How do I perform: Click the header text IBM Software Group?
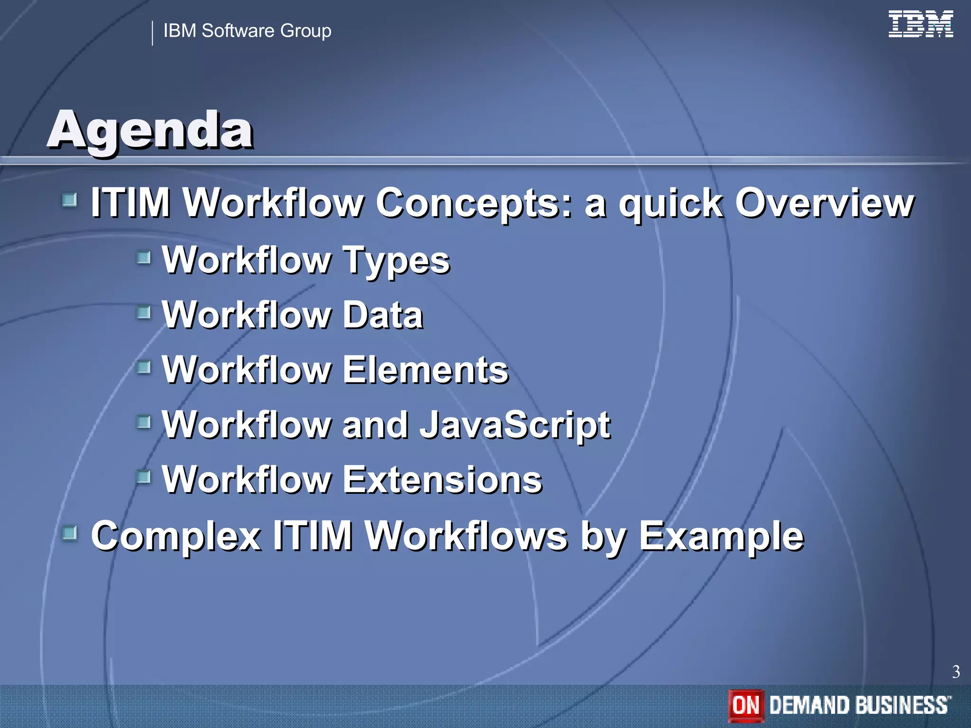247,31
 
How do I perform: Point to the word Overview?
824,203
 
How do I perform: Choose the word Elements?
425,370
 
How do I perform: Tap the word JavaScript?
515,425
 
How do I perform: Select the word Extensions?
442,480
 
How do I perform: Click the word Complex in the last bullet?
175,537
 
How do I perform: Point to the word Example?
721,537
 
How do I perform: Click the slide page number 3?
956,672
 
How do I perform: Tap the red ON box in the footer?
746,705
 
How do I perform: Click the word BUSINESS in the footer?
901,705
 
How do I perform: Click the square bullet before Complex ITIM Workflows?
70,534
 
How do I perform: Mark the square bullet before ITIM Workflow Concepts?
70,200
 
